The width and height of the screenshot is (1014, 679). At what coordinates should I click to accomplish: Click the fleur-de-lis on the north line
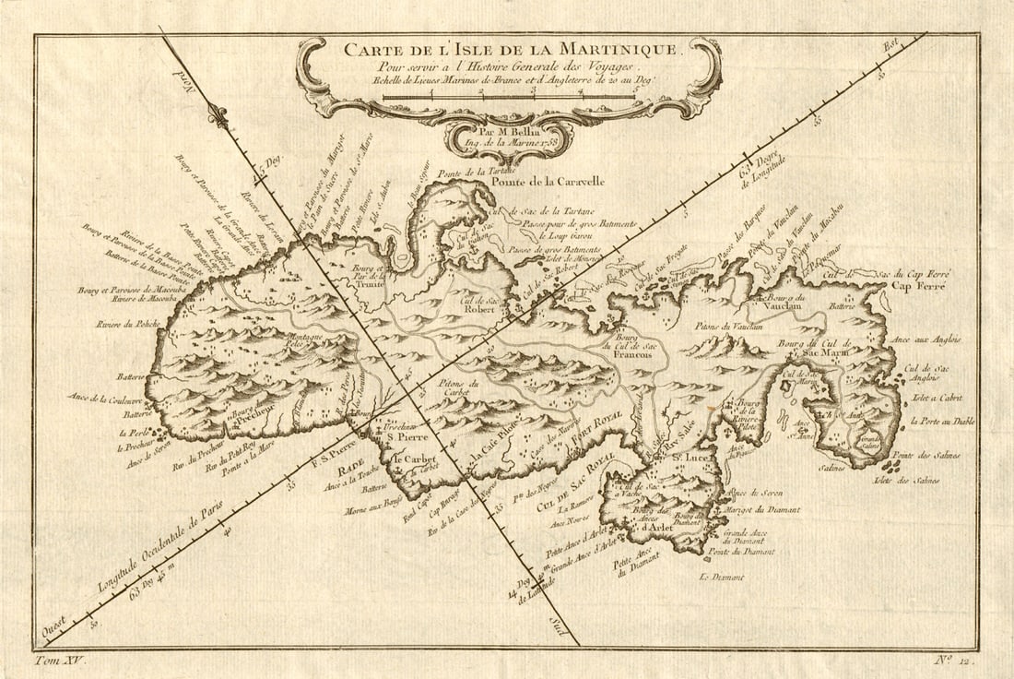point(218,114)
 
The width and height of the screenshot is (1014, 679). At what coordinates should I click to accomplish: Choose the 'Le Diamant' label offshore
point(721,578)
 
